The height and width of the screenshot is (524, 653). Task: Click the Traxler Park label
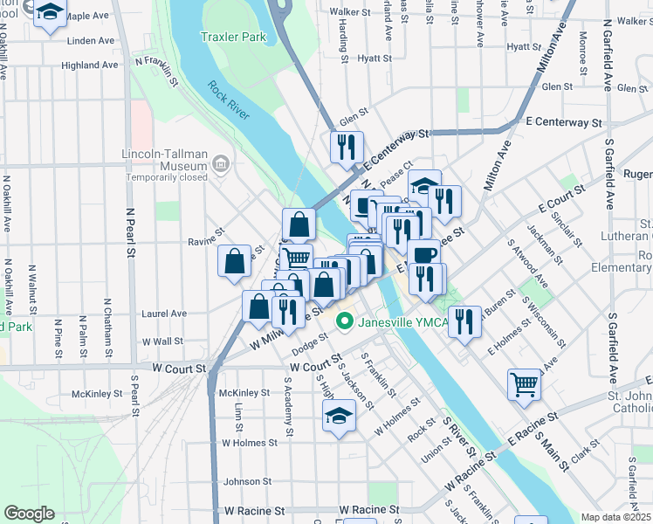(232, 38)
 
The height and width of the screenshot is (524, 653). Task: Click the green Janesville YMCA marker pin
(345, 322)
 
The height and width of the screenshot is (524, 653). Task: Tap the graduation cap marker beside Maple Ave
(50, 12)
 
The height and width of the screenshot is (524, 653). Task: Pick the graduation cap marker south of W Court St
(340, 416)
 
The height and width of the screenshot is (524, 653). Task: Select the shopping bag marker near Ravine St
(235, 261)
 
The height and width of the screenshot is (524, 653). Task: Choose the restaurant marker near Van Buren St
(464, 321)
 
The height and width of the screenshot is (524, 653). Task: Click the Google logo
(29, 514)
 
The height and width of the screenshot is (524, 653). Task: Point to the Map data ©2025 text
(615, 517)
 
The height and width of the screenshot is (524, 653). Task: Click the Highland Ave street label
(89, 65)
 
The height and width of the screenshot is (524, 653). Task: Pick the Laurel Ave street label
(165, 314)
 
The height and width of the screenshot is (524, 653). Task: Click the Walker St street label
(347, 11)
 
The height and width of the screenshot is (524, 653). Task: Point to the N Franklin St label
(157, 72)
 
